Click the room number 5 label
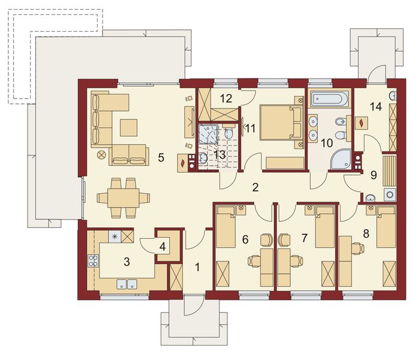(161, 158)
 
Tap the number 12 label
(226, 98)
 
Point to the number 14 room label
(375, 107)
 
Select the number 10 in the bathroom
(327, 143)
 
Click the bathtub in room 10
(329, 98)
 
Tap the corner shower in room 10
(339, 159)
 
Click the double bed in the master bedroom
(281, 122)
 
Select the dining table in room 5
(124, 198)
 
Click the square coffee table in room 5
(129, 128)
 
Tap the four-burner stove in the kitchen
(94, 261)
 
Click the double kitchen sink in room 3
(127, 284)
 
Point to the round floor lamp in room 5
(101, 155)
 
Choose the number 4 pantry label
(163, 247)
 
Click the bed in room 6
(226, 226)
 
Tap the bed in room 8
(386, 227)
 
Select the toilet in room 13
(228, 133)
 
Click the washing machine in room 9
(390, 194)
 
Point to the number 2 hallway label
(255, 187)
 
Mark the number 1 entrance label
(197, 267)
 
